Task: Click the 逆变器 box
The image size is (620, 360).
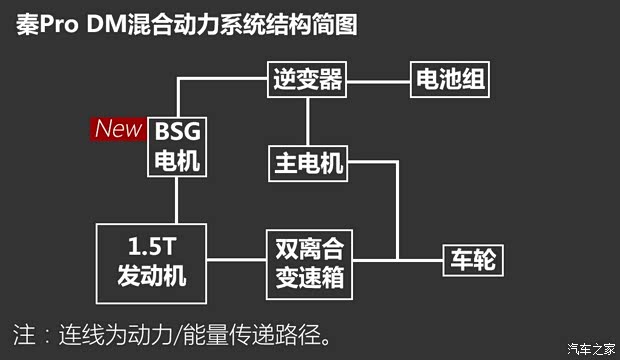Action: click(x=308, y=78)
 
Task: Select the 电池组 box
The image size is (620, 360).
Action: click(x=450, y=78)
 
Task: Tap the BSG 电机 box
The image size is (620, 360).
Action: click(x=177, y=146)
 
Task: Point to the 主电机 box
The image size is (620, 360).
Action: click(x=308, y=162)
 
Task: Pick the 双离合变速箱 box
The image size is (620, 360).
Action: click(x=308, y=262)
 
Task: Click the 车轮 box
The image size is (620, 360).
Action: click(x=471, y=262)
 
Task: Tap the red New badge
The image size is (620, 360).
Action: click(x=117, y=129)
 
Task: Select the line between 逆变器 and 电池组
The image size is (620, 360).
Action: click(x=379, y=78)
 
